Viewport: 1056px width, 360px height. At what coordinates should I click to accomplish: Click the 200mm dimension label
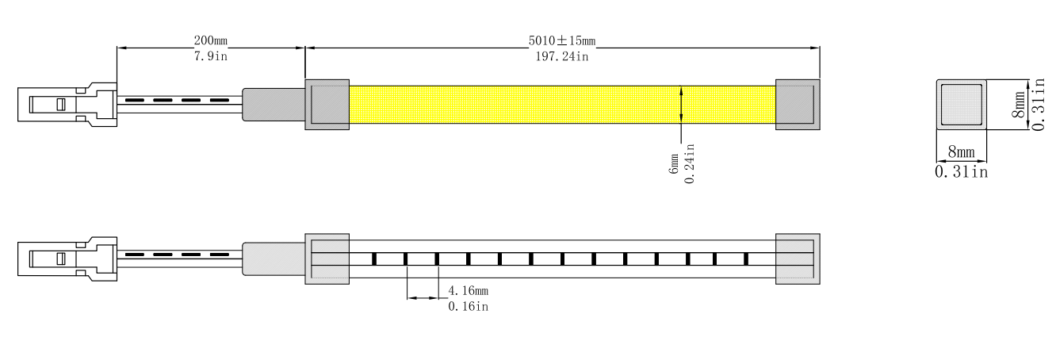tap(210, 40)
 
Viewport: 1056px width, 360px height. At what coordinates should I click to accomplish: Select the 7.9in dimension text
tap(210, 56)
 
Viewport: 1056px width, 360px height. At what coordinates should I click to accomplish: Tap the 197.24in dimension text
tap(561, 56)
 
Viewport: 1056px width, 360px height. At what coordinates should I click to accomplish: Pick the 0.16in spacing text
tap(469, 306)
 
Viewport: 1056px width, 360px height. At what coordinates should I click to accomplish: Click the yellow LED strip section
tap(561, 104)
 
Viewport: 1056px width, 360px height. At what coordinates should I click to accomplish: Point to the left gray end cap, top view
tap(327, 104)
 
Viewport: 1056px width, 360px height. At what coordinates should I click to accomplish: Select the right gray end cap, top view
tap(798, 104)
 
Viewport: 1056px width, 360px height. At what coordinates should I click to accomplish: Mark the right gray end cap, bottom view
tap(798, 258)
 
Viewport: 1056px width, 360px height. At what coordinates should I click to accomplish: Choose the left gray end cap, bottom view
tap(327, 258)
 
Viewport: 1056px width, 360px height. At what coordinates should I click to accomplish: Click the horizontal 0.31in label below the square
tap(961, 172)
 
